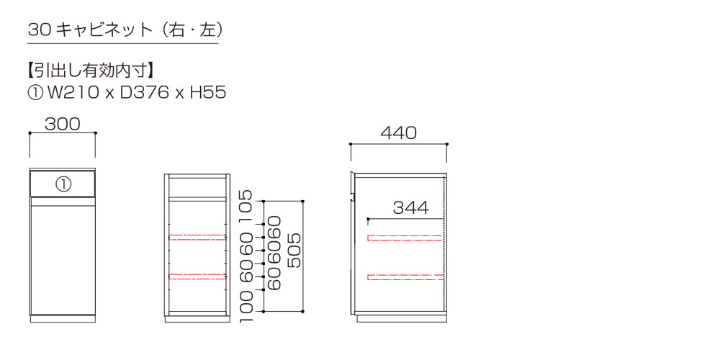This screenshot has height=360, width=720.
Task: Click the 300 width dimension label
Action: [x=63, y=124]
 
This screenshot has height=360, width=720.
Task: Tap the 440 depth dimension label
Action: [x=399, y=133]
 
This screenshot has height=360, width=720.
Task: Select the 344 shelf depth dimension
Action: [x=410, y=208]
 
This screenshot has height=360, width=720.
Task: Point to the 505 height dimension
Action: [x=294, y=251]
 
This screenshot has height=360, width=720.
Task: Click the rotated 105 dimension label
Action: [x=246, y=207]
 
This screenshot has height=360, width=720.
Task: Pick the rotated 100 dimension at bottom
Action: [x=246, y=305]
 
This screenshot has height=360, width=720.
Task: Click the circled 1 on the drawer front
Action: [x=63, y=184]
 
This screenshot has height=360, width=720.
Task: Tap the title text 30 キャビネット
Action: [x=90, y=30]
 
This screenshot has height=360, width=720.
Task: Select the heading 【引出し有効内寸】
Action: [x=90, y=71]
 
